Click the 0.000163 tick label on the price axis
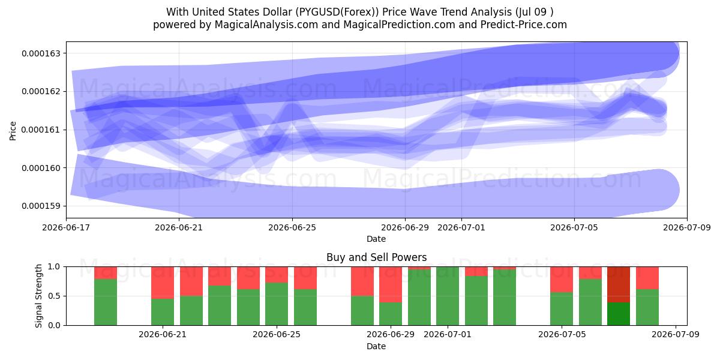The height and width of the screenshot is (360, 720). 41,53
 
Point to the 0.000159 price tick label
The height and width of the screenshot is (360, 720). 41,206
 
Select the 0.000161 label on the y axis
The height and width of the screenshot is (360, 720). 41,130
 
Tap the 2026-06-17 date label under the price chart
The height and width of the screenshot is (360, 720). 66,227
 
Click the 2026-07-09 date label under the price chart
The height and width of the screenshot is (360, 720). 687,227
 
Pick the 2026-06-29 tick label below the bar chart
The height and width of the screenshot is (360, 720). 391,335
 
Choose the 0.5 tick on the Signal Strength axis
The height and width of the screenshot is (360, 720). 54,296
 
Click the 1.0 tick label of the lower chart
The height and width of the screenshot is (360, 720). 54,266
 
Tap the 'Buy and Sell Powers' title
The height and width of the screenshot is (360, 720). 376,257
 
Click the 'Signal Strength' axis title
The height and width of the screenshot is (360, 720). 38,296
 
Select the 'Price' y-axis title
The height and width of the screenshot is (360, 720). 13,131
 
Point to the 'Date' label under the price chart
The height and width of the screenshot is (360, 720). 376,239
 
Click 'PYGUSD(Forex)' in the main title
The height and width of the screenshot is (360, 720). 337,12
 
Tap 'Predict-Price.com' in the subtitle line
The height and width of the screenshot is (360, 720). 524,25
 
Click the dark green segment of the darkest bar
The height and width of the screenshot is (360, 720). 619,314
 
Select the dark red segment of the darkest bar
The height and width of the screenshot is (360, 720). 619,284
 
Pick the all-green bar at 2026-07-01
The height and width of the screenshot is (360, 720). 448,296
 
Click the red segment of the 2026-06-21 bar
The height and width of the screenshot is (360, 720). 163,283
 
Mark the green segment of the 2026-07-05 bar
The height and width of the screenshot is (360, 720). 562,309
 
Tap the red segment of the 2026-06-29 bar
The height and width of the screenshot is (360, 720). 391,284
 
